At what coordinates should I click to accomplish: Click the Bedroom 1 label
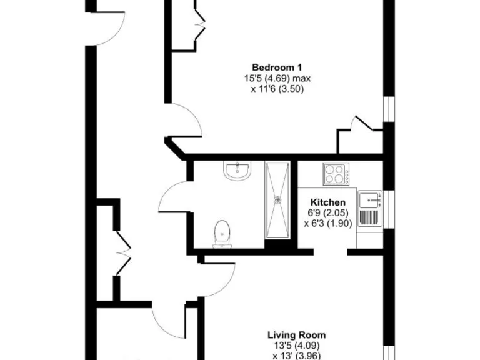(277, 67)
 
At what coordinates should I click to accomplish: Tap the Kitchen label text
(328, 202)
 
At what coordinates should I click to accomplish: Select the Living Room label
(297, 335)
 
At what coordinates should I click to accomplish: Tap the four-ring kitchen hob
(336, 174)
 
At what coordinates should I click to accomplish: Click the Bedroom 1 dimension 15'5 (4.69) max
(277, 79)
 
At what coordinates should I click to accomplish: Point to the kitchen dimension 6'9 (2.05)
(328, 213)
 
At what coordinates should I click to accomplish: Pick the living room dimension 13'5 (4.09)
(297, 346)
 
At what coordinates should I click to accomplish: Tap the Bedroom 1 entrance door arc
(187, 122)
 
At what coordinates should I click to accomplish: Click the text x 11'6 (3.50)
(277, 89)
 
